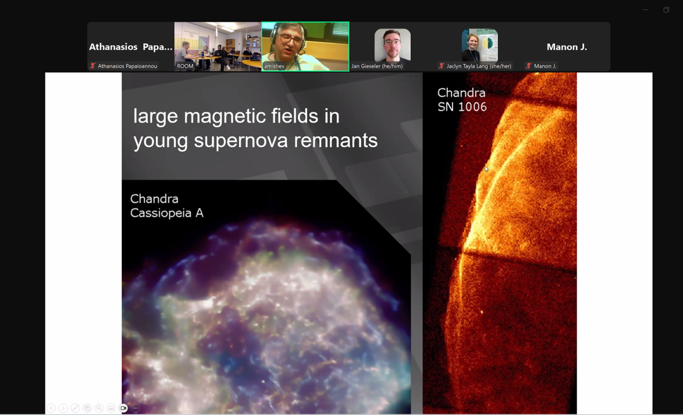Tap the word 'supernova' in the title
coord(241,141)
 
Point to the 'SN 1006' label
coord(462,107)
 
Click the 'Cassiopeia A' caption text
coord(167,213)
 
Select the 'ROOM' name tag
coord(185,66)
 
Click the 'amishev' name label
coord(274,66)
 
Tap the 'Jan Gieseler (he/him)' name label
coord(377,66)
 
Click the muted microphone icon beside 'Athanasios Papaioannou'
coord(93,66)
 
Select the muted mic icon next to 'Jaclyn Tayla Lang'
coord(441,66)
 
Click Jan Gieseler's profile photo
coord(392,45)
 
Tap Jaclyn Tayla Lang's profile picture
coord(479,45)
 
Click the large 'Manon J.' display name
coord(566,47)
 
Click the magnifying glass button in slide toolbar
coord(99,408)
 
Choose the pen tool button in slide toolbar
coord(75,408)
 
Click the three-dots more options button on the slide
coord(135,408)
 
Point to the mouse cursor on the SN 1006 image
coord(486,169)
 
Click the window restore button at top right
coord(666,10)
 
